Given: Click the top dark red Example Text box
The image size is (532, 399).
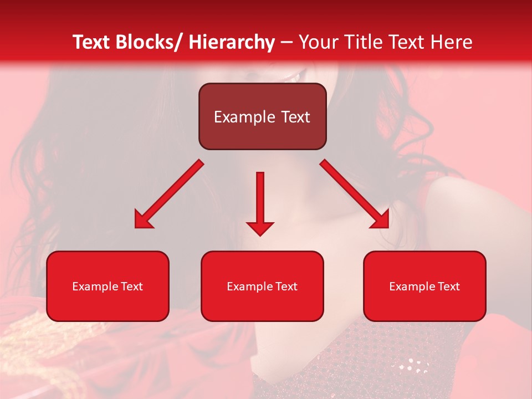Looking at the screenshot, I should point(262,116).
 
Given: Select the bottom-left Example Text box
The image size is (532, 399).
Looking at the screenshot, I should point(108,286).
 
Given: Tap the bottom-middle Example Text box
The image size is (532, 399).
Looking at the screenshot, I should point(262,286).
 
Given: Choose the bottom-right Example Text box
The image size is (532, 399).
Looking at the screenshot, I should point(424,286).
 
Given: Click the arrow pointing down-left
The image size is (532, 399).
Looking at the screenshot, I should point(169,194).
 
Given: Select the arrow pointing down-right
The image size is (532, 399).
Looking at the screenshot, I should point(355,194).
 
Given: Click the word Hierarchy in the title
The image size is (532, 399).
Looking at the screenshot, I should point(232,42).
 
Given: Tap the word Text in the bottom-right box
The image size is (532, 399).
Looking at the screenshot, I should point(449,286).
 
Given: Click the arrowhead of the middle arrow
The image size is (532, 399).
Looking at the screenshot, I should point(260,228).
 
